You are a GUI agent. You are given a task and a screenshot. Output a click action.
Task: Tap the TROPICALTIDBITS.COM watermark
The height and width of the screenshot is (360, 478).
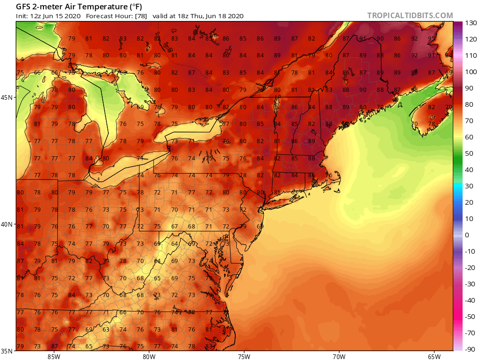(410, 15)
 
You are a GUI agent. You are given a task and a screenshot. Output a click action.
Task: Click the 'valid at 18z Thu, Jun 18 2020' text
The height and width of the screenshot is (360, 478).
(204, 16)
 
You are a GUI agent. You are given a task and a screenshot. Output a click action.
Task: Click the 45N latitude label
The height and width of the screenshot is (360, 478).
(7, 97)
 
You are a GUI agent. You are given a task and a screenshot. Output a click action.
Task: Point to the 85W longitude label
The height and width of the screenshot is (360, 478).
(54, 357)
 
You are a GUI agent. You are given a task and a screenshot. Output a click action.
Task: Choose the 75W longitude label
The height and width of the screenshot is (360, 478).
(244, 357)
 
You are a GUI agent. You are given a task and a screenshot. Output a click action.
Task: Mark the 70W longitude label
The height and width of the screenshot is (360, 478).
(339, 357)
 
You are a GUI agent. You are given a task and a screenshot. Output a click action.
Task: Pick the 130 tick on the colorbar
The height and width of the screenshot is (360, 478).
(470, 23)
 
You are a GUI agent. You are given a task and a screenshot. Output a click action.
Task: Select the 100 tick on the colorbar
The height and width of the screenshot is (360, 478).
(470, 72)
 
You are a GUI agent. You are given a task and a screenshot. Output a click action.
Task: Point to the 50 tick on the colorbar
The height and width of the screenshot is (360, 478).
(469, 153)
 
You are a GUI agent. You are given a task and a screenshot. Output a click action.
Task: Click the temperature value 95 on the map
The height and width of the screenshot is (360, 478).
(432, 39)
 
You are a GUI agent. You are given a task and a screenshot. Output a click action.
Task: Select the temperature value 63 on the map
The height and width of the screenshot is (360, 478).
(106, 329)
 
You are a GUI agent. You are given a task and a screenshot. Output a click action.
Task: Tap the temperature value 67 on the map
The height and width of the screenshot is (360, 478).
(175, 227)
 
